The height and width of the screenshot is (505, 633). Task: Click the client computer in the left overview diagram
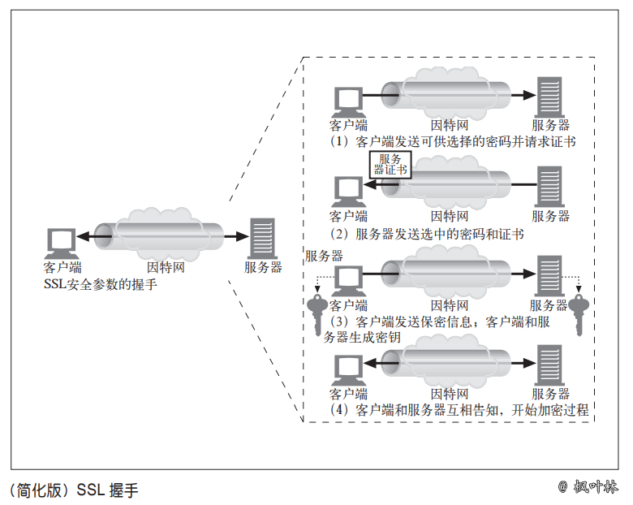(62, 242)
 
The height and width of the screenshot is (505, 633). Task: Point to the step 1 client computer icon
(347, 101)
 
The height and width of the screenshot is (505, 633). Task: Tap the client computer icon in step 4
(347, 369)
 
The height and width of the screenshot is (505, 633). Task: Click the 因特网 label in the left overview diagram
(166, 267)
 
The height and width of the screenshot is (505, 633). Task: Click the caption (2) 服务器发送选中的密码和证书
(427, 234)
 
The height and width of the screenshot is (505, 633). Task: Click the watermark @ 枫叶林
(588, 487)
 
